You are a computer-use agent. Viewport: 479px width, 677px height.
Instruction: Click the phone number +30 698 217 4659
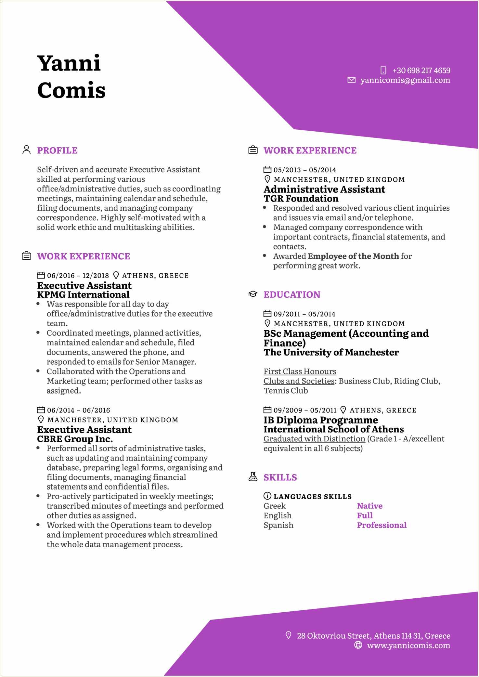coord(421,71)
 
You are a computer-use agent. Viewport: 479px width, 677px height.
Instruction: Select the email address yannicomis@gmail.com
coord(405,80)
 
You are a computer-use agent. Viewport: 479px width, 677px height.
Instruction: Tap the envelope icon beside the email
coord(351,80)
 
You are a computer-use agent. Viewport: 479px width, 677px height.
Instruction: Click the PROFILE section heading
coord(57,150)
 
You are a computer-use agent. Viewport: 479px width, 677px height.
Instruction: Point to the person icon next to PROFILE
coord(26,150)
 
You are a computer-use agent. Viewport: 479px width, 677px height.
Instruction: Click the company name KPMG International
coord(83,295)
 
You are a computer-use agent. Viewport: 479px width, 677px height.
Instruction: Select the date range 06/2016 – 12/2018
coord(78,276)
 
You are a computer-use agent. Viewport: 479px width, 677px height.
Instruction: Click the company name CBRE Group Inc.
coord(75,439)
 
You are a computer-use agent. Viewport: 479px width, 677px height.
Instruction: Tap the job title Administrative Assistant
coord(324,189)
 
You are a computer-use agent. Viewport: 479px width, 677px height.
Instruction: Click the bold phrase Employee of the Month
coord(353,256)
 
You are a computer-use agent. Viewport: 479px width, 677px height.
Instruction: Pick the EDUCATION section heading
coord(292,295)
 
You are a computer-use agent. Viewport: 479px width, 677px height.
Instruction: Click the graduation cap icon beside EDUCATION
coord(253,294)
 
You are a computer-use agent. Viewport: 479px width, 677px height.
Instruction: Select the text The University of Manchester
coord(331,352)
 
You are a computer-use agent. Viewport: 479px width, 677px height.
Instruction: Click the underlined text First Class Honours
coord(300,371)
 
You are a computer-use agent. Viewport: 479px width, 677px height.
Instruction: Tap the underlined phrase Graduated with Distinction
coord(314,439)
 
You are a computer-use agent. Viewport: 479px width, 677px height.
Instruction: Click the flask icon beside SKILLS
coord(253,477)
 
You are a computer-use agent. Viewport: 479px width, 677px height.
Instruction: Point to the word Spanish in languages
coord(278,525)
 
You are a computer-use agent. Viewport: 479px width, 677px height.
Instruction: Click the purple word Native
coord(369,506)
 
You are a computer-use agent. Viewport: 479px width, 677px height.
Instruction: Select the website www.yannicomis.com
coord(408,645)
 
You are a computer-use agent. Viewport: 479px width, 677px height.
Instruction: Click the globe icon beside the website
coord(358,645)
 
